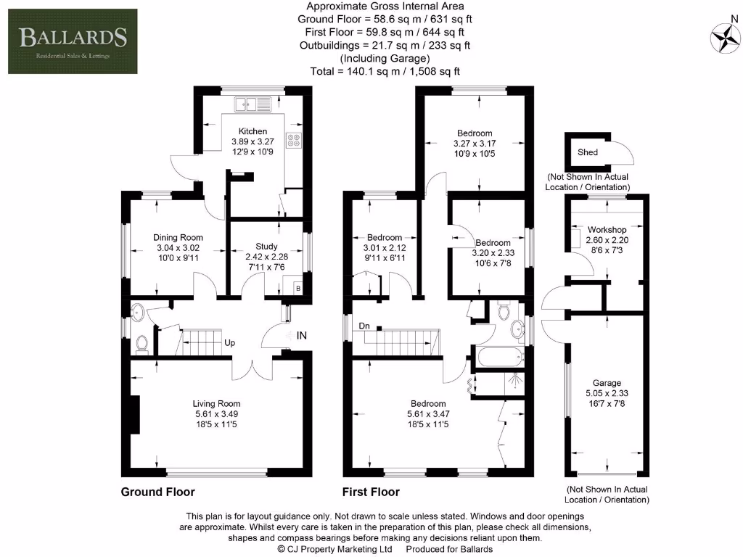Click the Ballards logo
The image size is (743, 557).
[x=73, y=41]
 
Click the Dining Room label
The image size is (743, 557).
[x=178, y=237]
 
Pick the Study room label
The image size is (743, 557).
[x=266, y=247]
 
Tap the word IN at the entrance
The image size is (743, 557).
[x=302, y=336]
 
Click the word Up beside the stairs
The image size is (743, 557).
[x=229, y=342]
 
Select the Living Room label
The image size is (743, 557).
[x=216, y=404]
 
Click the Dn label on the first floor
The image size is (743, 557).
[x=364, y=326]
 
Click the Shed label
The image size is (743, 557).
[x=588, y=152]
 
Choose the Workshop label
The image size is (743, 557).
[x=607, y=229]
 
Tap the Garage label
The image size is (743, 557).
[x=607, y=383]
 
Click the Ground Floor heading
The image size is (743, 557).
[x=157, y=492]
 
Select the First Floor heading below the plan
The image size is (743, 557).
[x=371, y=492]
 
